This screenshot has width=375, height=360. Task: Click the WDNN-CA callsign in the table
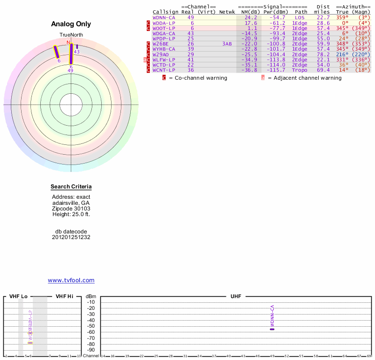click(x=164, y=17)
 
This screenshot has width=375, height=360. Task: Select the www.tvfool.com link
click(x=71, y=280)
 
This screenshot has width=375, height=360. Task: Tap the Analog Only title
click(x=71, y=24)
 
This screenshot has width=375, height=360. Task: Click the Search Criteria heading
click(x=71, y=187)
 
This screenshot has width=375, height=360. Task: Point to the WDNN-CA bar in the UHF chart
click(x=272, y=329)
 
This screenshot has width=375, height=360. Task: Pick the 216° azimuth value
click(x=342, y=54)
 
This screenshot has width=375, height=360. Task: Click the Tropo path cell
click(x=300, y=70)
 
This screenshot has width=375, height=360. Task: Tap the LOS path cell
click(x=300, y=17)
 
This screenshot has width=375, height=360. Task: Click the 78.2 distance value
click(x=322, y=54)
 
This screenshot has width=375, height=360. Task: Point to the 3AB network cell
click(x=227, y=44)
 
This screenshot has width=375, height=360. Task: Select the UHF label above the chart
click(x=235, y=297)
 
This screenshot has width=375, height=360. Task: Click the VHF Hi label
click(x=64, y=297)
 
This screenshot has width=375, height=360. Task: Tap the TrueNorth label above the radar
click(x=71, y=35)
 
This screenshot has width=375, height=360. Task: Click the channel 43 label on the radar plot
click(x=77, y=52)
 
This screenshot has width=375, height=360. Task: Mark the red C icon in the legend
click(x=165, y=78)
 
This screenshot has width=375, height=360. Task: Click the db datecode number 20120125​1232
click(x=71, y=237)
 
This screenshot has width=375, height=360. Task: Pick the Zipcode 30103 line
click(x=71, y=209)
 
